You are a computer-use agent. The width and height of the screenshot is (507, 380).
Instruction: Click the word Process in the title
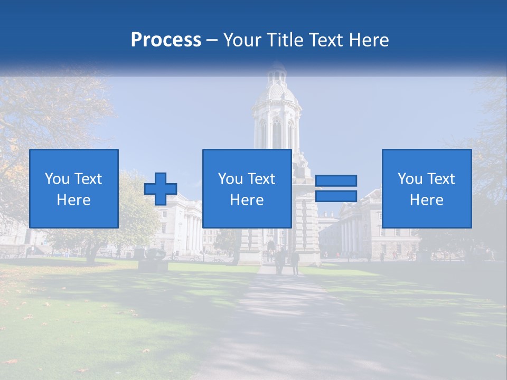coord(166,40)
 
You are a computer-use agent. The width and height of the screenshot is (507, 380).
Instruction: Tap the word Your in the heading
coord(243,40)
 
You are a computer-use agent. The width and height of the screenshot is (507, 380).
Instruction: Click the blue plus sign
coord(161,189)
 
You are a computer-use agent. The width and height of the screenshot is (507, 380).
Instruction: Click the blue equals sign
coord(336,188)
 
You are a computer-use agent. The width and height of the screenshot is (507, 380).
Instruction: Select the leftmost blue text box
coord(74,188)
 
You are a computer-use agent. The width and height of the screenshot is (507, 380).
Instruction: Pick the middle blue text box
coord(247,188)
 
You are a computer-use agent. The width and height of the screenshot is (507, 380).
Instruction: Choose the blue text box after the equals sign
coord(427,188)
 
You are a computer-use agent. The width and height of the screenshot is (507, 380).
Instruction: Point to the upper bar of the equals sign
coord(336,180)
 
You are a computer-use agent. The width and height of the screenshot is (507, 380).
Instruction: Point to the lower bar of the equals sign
coord(336,196)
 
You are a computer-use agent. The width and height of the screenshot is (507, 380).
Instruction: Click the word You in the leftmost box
coord(57,179)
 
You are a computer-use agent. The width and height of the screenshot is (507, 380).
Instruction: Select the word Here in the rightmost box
coord(427,199)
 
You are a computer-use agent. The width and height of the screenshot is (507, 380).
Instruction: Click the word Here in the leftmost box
coord(74,199)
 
